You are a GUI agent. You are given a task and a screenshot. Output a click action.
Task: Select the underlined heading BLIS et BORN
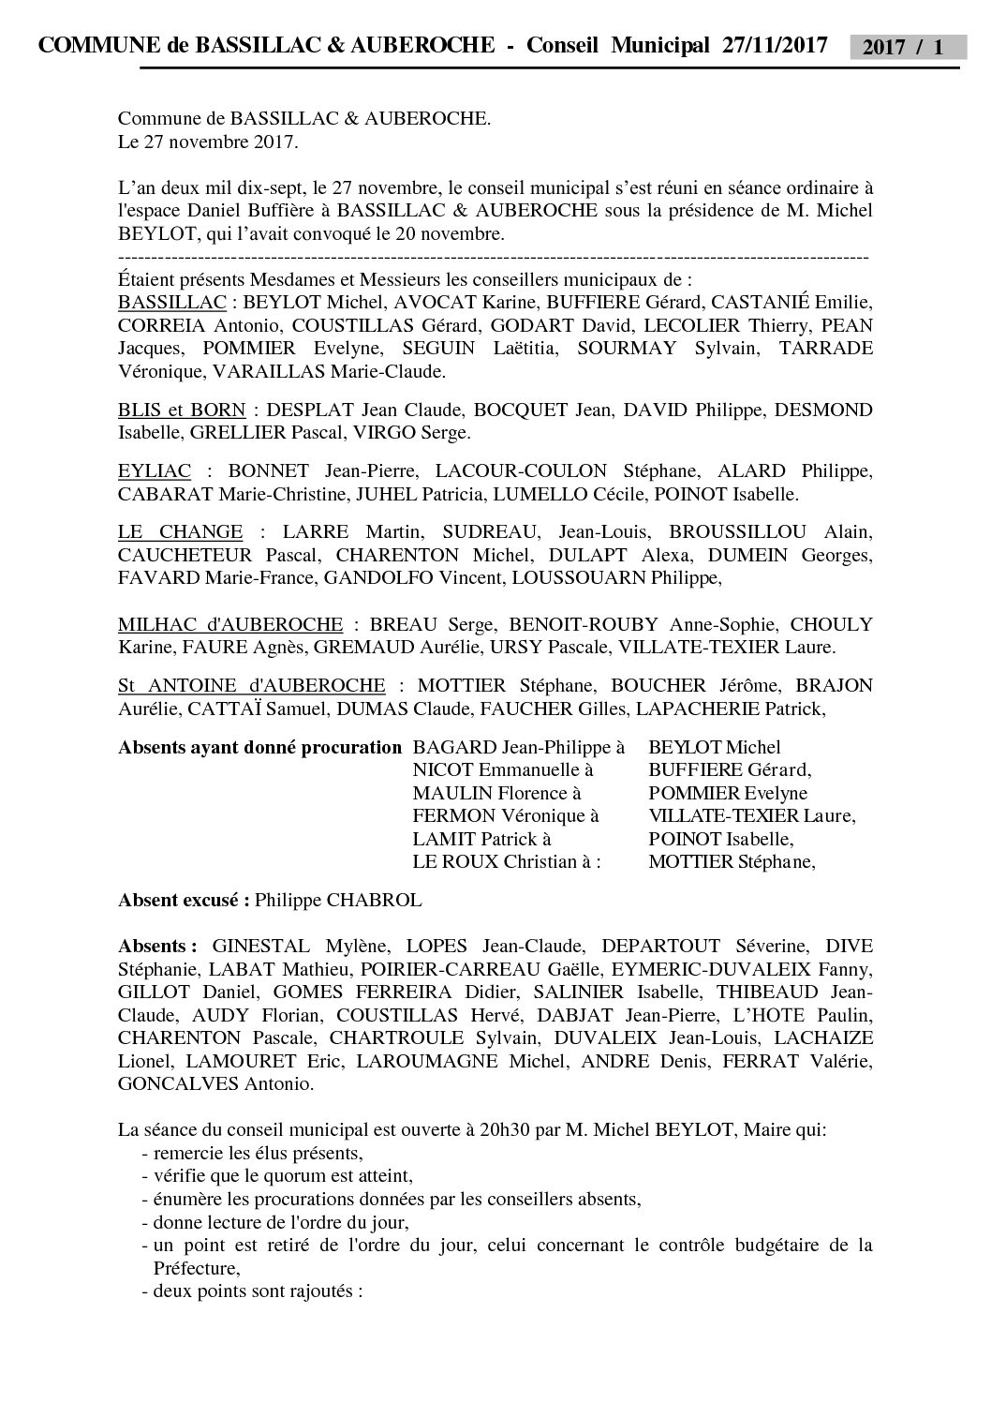(x=182, y=410)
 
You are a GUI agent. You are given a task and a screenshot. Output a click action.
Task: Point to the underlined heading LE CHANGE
(x=181, y=532)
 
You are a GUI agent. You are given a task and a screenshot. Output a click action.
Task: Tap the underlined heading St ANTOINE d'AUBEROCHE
(x=251, y=686)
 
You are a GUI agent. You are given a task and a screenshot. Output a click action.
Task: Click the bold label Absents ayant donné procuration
(x=259, y=748)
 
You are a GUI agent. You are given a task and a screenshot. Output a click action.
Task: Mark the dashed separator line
(x=494, y=257)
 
